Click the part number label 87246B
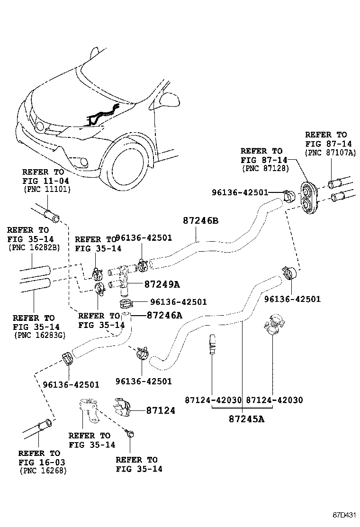[200, 220]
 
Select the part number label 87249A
[162, 284]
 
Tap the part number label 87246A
[164, 315]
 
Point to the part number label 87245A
[246, 419]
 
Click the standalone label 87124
[161, 410]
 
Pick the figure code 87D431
[344, 515]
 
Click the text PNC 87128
[266, 168]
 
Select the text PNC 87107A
[330, 153]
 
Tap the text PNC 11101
[47, 189]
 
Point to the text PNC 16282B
[34, 248]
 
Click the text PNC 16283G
[40, 335]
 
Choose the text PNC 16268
[43, 471]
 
